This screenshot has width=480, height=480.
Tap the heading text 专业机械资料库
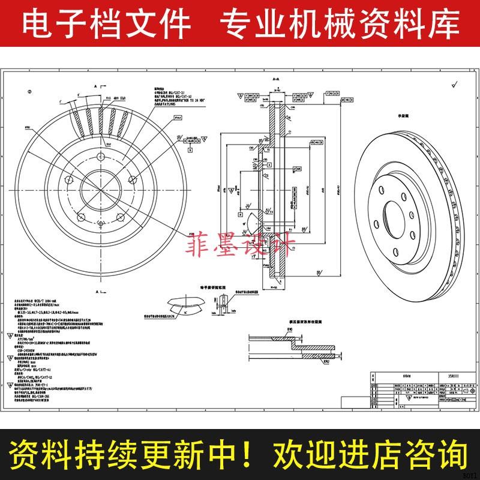[x=340, y=25]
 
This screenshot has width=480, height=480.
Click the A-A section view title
[x=277, y=79]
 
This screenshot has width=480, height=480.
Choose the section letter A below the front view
[x=97, y=290]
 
